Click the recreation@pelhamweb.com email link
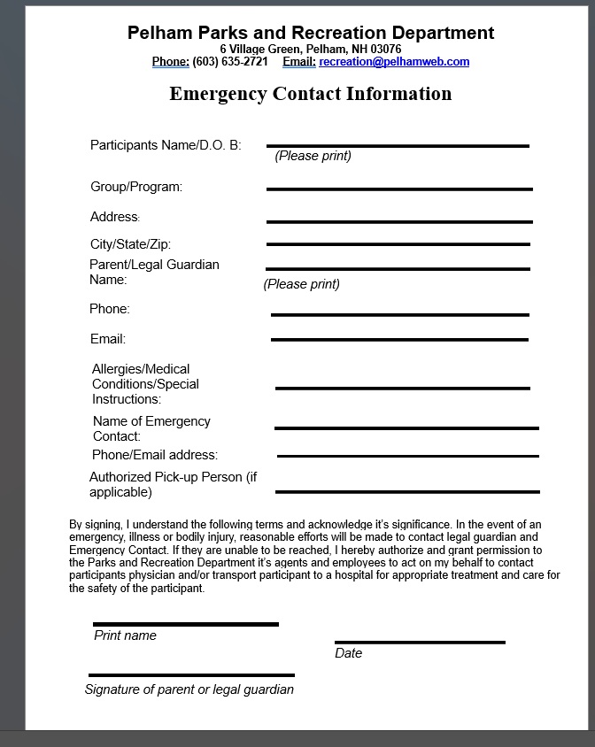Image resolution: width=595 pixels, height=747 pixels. tap(394, 62)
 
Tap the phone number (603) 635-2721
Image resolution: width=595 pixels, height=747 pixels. tap(229, 62)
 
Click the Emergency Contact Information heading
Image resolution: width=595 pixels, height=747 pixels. tap(310, 94)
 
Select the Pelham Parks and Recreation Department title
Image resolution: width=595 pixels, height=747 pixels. tap(310, 33)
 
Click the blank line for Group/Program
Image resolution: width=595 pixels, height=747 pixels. tap(399, 189)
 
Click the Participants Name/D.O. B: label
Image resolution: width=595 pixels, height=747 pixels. tap(166, 145)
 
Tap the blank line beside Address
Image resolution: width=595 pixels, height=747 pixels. tap(399, 221)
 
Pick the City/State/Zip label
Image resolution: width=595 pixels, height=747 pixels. tap(130, 244)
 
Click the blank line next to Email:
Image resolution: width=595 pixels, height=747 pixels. tap(399, 340)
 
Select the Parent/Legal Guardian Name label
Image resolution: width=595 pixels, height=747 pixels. tap(154, 272)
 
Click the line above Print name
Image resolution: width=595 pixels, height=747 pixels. tap(185, 624)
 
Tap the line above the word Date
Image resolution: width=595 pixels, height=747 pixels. tap(420, 642)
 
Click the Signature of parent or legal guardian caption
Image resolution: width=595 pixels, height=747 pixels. tap(189, 689)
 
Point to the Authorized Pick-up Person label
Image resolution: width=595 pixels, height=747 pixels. tap(173, 484)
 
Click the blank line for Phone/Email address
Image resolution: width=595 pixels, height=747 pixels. tap(407, 457)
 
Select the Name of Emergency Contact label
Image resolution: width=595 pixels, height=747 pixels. tap(151, 428)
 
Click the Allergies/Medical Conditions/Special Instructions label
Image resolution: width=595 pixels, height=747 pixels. tap(145, 384)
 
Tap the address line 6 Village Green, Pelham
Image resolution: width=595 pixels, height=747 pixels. tap(310, 49)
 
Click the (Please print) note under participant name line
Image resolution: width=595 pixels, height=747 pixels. tap(313, 156)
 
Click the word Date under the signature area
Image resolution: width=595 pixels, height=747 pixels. tap(348, 653)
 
